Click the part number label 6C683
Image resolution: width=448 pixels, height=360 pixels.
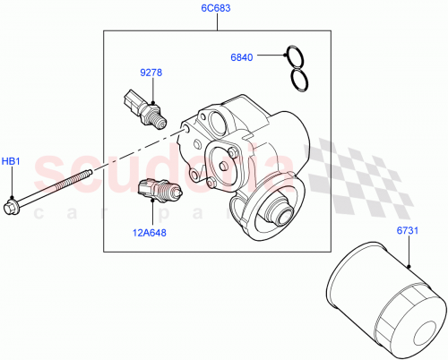[x=216, y=9]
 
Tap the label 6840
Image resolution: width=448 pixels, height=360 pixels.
[x=243, y=57]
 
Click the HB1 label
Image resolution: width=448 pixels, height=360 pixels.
[x=11, y=161]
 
